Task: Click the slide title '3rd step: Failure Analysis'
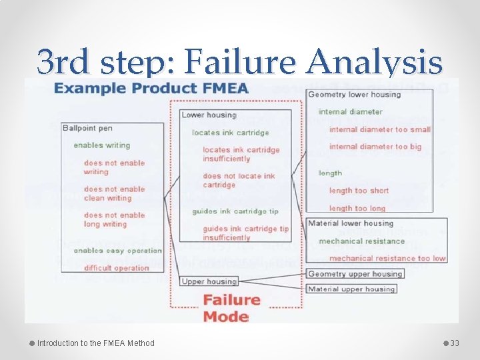coord(239,62)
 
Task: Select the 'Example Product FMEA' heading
coord(151,88)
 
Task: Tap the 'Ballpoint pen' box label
coord(87,127)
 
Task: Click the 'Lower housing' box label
coord(209,115)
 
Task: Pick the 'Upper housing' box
coord(209,281)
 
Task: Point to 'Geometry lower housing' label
coord(354,95)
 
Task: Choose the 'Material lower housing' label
coord(351,223)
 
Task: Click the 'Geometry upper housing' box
coord(355,274)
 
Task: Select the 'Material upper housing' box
coord(351,289)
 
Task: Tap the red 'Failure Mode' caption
coord(226,308)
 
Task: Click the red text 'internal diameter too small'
coord(379,129)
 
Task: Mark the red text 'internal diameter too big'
coord(375,147)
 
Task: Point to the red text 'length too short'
coord(359,191)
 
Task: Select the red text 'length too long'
coord(357,209)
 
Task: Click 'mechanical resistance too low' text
coord(387,258)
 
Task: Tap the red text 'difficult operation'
coord(117,268)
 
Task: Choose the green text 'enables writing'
coord(102,145)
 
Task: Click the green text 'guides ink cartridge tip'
coord(235,211)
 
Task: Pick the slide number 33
coord(455,343)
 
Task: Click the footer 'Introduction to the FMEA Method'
coord(95,343)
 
